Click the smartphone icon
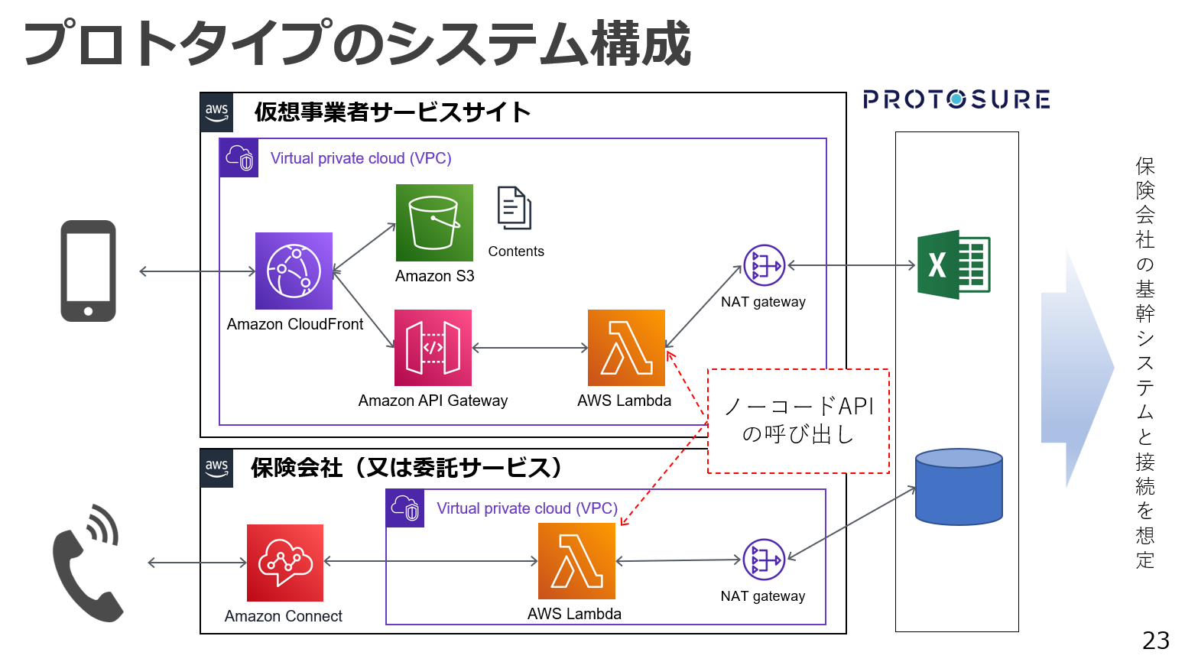(x=89, y=271)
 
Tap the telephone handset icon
(x=86, y=563)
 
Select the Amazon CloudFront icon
(x=294, y=271)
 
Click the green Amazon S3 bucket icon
(x=434, y=222)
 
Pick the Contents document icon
(x=515, y=208)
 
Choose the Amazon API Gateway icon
(x=433, y=348)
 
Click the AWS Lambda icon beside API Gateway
(x=626, y=348)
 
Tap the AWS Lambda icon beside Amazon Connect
(x=576, y=561)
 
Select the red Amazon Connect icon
(x=285, y=563)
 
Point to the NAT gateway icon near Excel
(x=764, y=265)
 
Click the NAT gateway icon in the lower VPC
(x=764, y=560)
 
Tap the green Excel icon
(x=953, y=264)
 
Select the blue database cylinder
(x=959, y=487)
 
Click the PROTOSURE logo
(x=956, y=99)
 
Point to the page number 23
(x=1155, y=641)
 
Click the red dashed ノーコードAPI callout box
(x=798, y=421)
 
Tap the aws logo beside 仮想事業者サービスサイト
(x=217, y=112)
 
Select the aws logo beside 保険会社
(x=217, y=468)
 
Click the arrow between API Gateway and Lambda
(x=530, y=348)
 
